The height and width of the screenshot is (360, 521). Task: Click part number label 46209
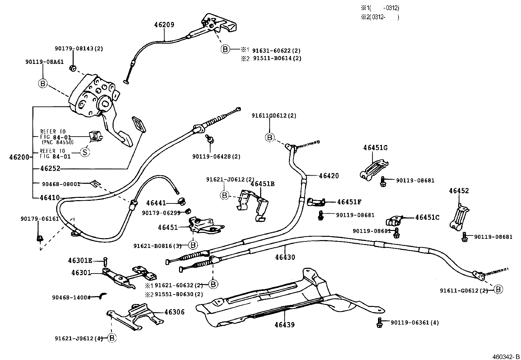(x=164, y=25)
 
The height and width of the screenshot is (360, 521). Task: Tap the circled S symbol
(x=85, y=152)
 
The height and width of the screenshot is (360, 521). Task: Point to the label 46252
(x=50, y=169)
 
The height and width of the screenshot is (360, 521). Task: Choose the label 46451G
(x=375, y=148)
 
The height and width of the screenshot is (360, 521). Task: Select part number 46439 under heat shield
(x=284, y=325)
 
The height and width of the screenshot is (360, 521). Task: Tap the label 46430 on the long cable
(x=285, y=257)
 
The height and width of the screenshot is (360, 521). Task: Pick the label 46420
(x=329, y=176)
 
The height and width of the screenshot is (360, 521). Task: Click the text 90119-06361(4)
(x=415, y=323)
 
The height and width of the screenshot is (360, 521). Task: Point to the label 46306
(x=174, y=312)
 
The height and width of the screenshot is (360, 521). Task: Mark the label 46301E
(x=80, y=261)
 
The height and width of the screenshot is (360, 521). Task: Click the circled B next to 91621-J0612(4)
(x=112, y=338)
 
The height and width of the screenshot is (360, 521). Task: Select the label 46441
(x=156, y=203)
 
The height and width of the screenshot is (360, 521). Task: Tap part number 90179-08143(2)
(x=79, y=48)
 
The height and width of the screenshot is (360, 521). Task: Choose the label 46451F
(x=349, y=202)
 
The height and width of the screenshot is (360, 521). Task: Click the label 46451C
(x=427, y=218)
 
